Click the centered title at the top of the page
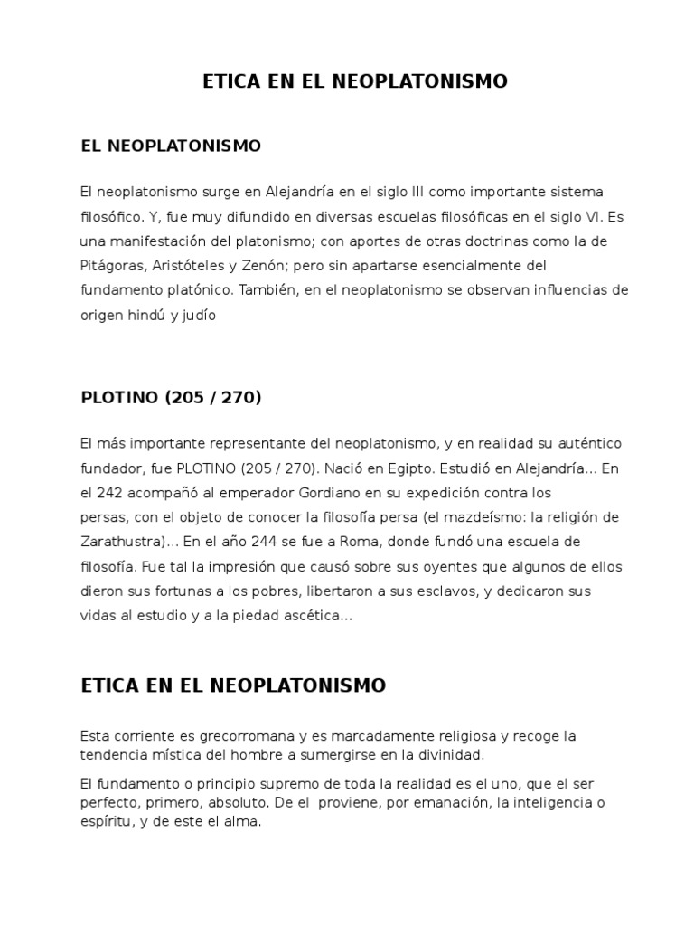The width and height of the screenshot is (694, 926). click(x=354, y=82)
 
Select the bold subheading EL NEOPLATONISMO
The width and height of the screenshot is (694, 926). click(x=171, y=146)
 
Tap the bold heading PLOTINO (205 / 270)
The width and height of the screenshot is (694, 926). click(x=171, y=397)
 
